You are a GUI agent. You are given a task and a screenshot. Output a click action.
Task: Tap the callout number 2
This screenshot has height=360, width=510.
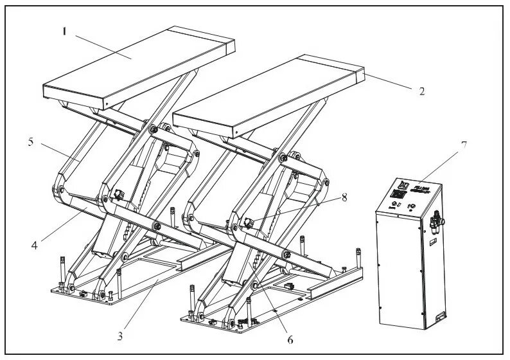pos(421,91)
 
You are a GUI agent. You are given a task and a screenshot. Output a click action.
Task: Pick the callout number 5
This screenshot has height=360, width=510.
pos(30,142)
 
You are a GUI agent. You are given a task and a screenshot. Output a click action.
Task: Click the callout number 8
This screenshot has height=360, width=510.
pos(344,197)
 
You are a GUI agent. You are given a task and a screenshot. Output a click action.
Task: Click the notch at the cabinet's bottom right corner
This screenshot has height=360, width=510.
pos(440,317)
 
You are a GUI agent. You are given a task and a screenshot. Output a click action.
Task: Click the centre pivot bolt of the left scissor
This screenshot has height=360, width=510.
pos(157,226)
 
